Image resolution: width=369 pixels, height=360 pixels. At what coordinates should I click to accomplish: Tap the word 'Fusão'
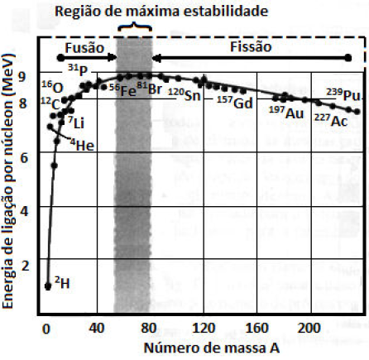point(84,47)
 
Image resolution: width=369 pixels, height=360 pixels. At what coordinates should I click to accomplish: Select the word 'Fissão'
point(249,47)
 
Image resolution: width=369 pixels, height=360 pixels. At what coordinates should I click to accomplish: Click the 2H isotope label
point(62,284)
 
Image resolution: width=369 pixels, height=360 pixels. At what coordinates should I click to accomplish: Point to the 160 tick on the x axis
point(257,327)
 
